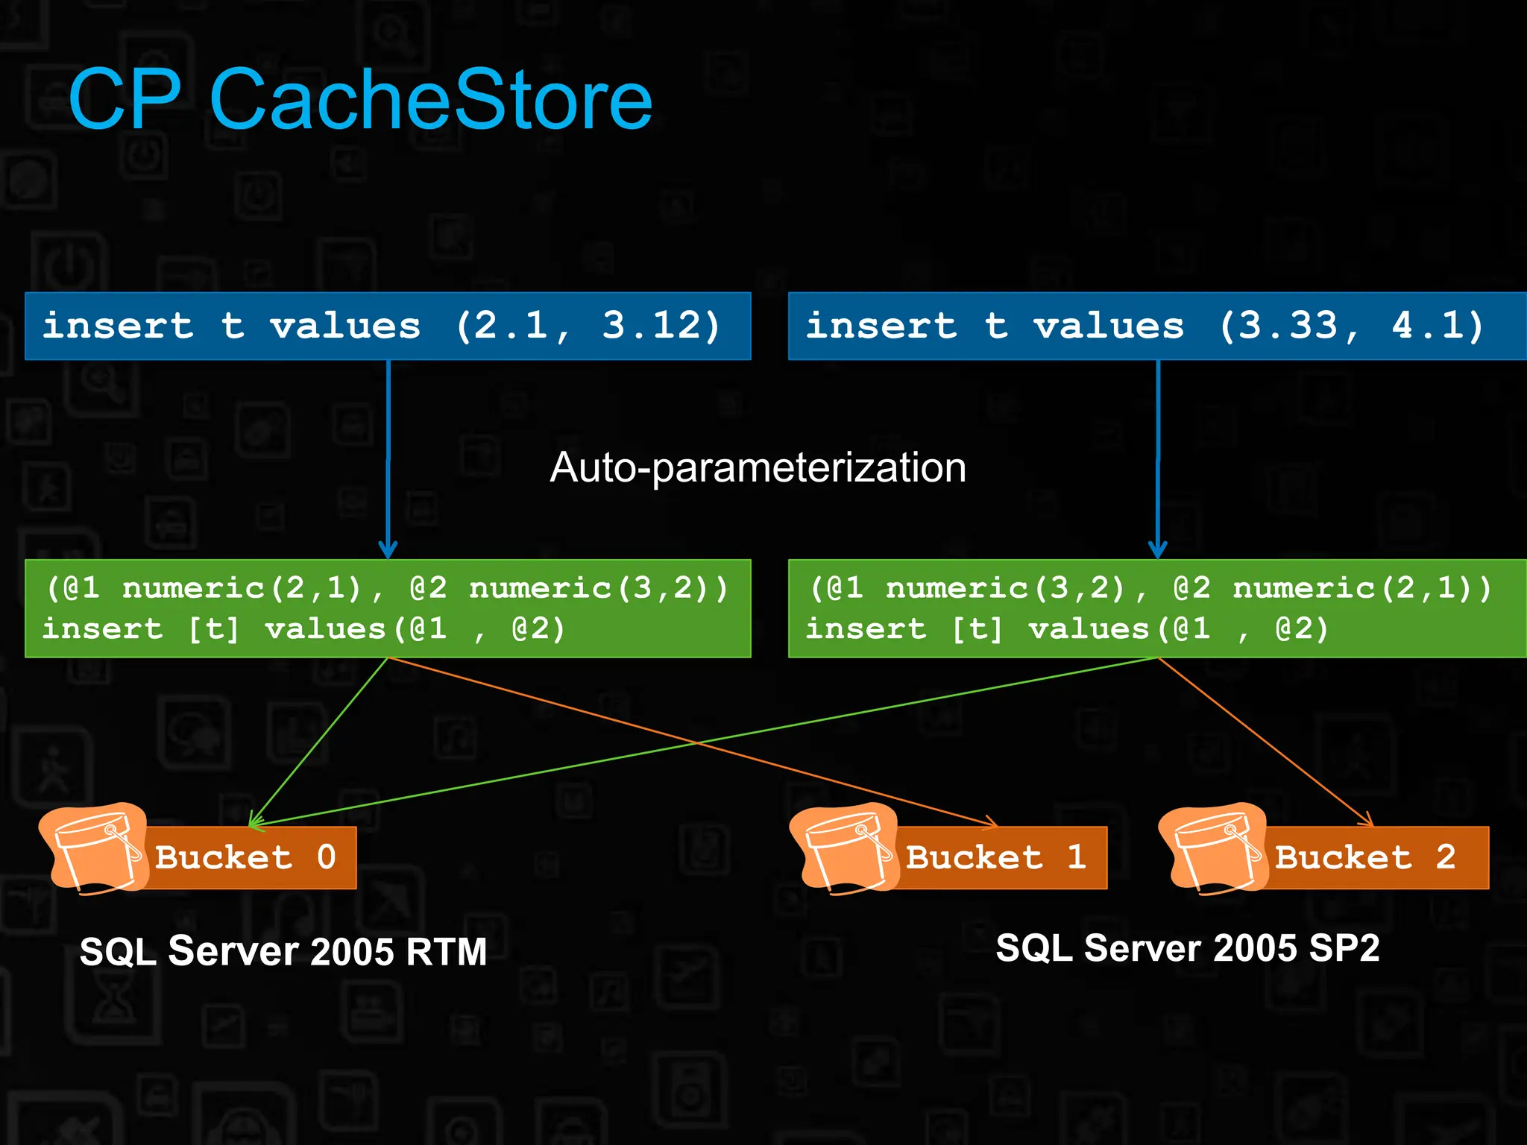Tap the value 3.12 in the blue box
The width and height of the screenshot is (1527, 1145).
tap(650, 326)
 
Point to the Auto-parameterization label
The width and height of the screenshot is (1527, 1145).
tap(758, 468)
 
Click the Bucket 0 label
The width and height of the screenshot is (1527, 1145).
tap(246, 857)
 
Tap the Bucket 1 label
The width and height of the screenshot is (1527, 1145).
tap(996, 857)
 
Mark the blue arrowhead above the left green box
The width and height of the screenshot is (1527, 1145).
tap(388, 550)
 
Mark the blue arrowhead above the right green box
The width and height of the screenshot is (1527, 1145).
tap(1157, 550)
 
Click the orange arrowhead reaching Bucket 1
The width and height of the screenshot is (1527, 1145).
tap(990, 822)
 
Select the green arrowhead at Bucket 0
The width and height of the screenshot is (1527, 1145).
tap(256, 822)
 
